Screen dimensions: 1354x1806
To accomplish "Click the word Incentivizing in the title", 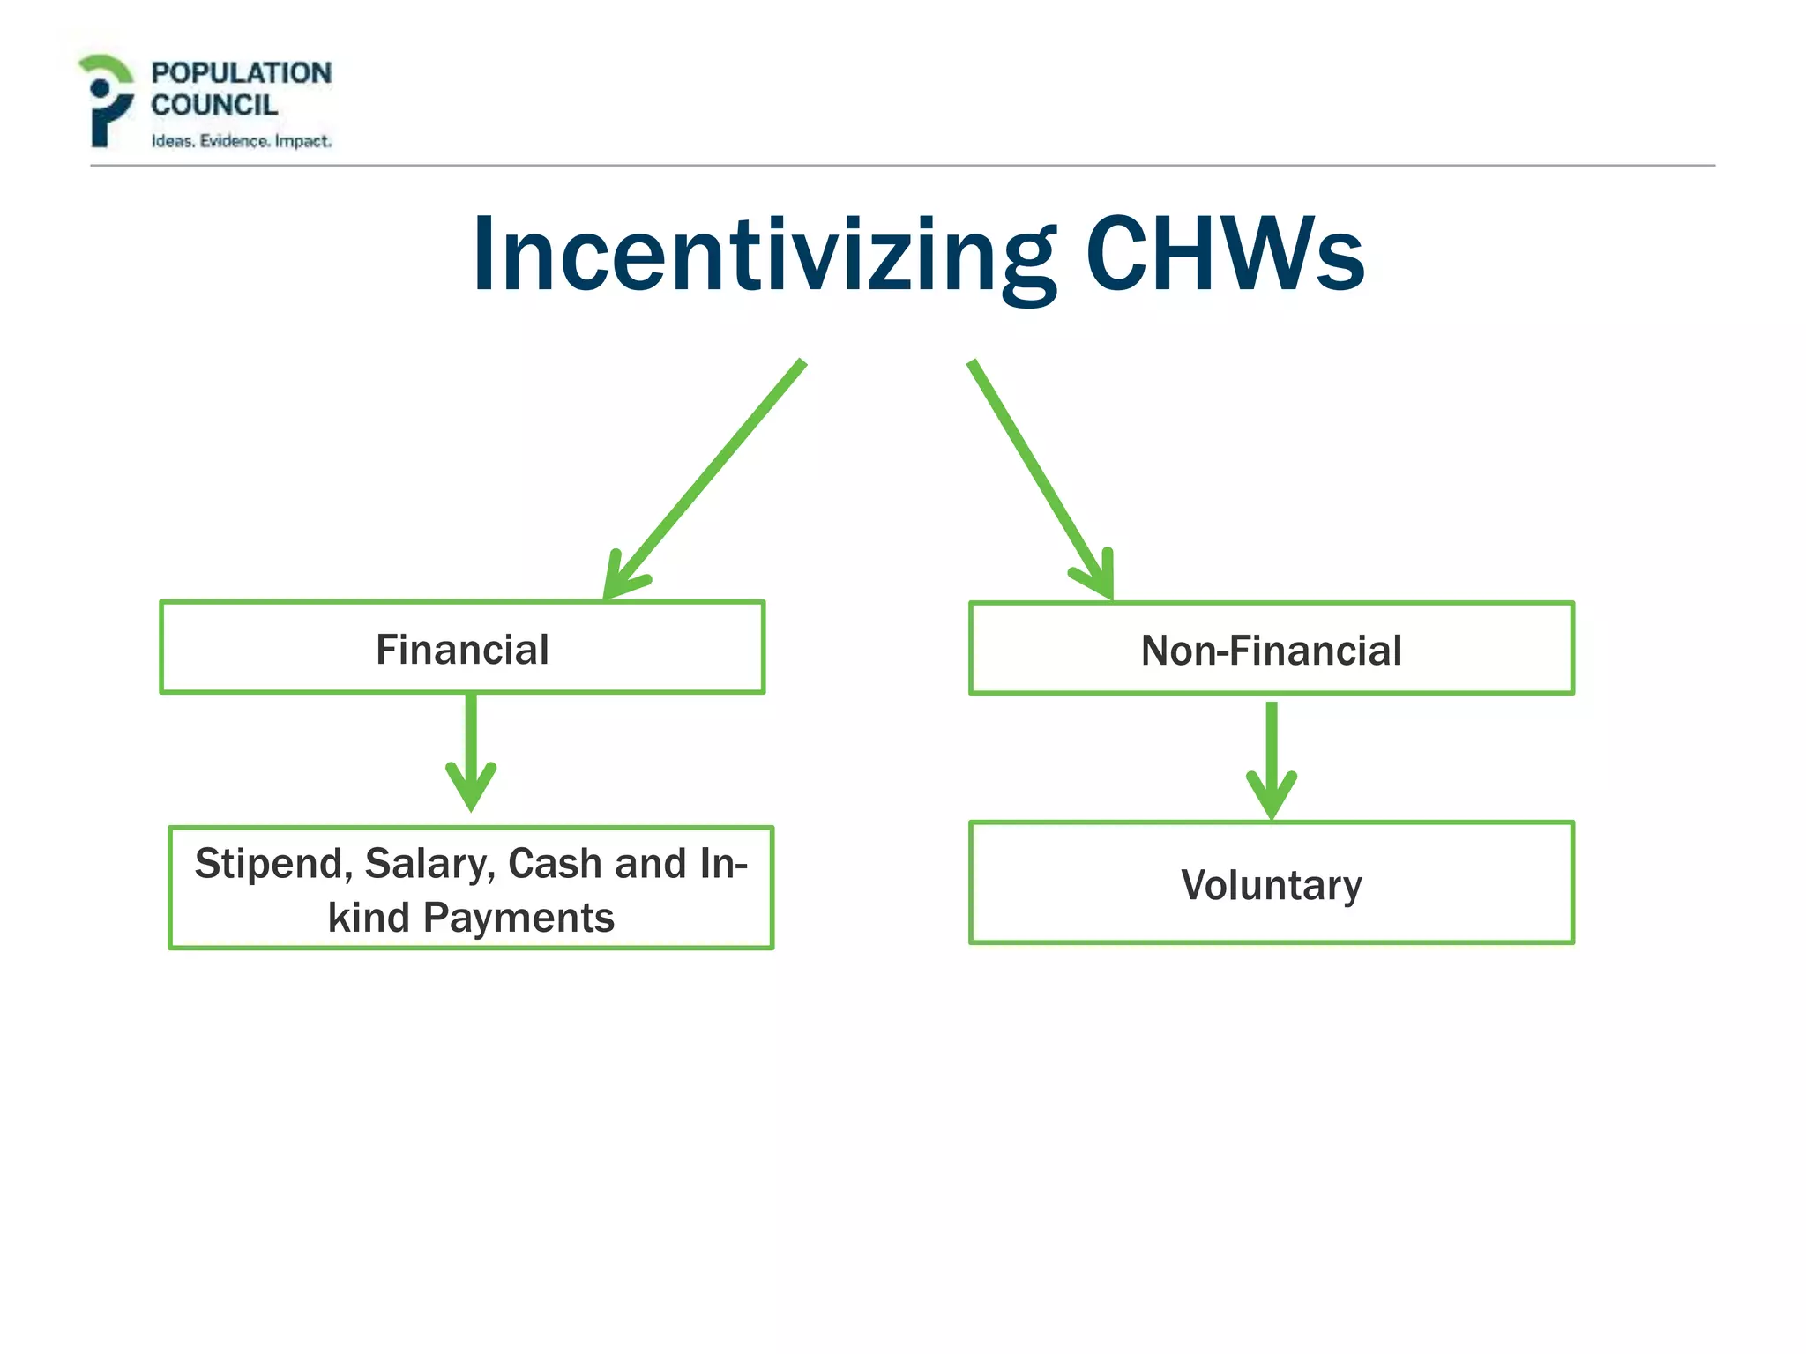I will click(763, 256).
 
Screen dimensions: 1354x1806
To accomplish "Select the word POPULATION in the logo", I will click(241, 73).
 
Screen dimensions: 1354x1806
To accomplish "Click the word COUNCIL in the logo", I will click(214, 105).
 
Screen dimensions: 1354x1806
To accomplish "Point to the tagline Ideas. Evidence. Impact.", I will click(241, 141).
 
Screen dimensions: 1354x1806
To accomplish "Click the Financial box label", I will click(462, 650).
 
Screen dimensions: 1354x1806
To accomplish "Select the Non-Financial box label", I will click(1271, 651).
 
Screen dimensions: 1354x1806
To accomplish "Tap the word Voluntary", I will click(1271, 884).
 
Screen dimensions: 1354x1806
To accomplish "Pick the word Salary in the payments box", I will click(430, 864).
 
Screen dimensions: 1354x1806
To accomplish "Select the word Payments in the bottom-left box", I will click(519, 918).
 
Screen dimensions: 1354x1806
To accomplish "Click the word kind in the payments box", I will click(369, 918).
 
